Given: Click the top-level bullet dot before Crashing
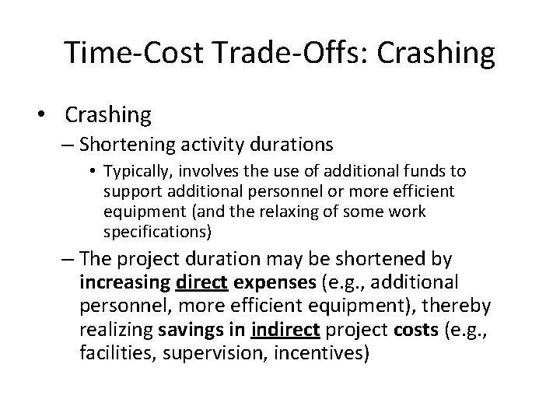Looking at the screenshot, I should [48, 115].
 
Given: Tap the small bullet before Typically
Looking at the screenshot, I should [95, 170].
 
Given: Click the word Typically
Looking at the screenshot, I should [132, 170].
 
